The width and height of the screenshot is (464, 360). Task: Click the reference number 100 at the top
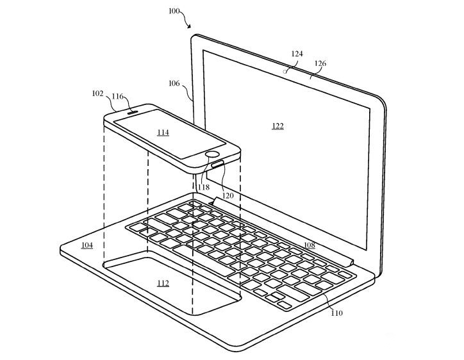(x=174, y=12)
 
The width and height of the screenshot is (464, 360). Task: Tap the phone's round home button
(x=213, y=154)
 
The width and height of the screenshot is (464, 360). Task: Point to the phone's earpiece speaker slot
(x=133, y=112)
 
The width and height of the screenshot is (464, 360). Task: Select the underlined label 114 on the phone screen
(x=163, y=132)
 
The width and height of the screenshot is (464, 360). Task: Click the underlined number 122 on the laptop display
(x=278, y=126)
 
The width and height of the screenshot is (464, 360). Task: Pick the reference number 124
(x=297, y=54)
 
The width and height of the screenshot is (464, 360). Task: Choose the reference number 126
(x=320, y=63)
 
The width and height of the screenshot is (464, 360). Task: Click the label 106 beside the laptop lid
(x=174, y=83)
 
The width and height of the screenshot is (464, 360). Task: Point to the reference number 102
(x=97, y=94)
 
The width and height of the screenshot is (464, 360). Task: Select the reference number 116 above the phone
(x=117, y=97)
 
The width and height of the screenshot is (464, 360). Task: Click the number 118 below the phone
(x=204, y=187)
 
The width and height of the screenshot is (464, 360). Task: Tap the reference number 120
(x=228, y=195)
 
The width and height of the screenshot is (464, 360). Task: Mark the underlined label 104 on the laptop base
(x=87, y=245)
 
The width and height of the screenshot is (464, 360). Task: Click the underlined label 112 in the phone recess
(x=163, y=284)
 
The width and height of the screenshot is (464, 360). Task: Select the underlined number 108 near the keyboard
(x=310, y=245)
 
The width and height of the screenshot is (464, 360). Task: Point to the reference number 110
(x=336, y=313)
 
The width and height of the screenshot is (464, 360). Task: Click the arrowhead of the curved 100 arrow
(x=189, y=27)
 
